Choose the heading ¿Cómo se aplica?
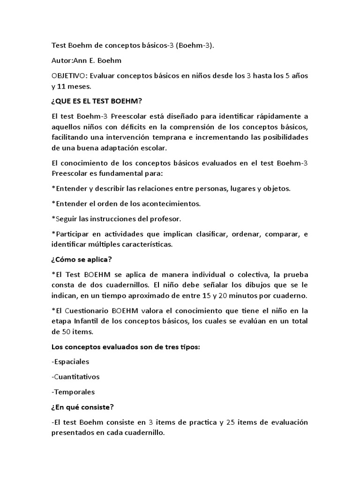pos(82,259)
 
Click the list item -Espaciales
pos(71,362)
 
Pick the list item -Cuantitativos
pos(76,377)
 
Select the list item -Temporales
pos(74,392)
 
